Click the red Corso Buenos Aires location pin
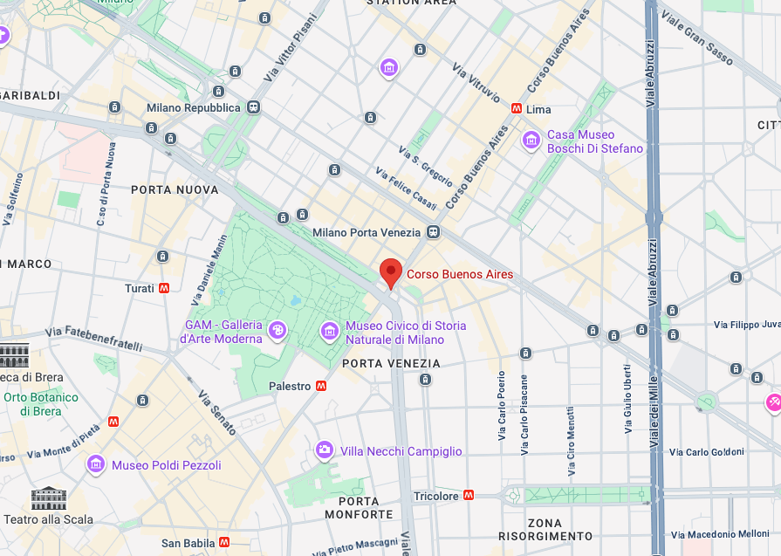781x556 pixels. [391, 272]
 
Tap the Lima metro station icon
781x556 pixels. [517, 110]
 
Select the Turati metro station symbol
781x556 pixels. [164, 288]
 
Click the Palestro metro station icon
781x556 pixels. [322, 386]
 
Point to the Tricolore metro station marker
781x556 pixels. [469, 496]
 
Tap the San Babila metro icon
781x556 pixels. [225, 543]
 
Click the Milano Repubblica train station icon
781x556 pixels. [253, 107]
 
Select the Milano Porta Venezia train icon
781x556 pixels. [433, 232]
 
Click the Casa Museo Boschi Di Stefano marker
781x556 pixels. [531, 140]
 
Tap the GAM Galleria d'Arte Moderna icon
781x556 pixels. [277, 330]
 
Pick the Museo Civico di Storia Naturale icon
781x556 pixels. [329, 330]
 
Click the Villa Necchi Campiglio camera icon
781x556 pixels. [324, 450]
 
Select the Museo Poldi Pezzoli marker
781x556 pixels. [95, 464]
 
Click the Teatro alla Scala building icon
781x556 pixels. [49, 498]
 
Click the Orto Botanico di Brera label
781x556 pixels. [40, 403]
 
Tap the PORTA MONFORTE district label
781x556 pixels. [359, 508]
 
